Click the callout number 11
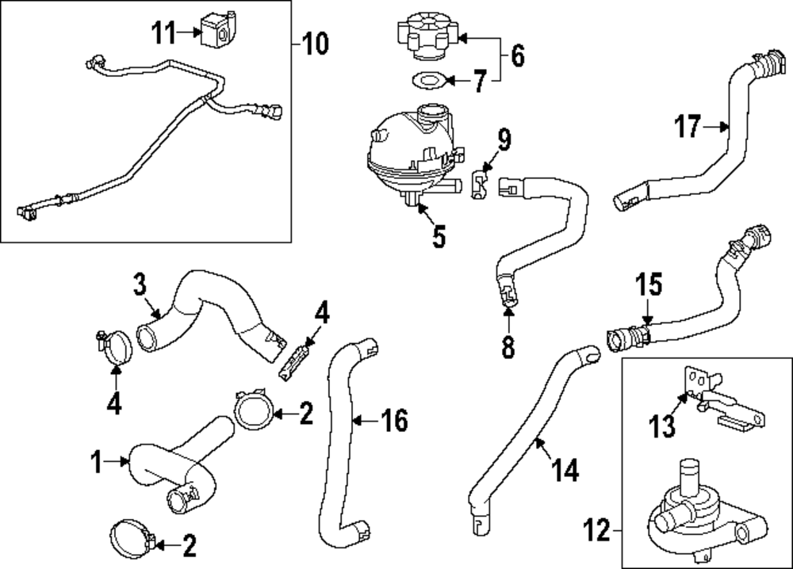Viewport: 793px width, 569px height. click(x=163, y=32)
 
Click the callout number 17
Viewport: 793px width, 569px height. click(x=688, y=125)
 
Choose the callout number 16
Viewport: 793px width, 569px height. click(x=394, y=420)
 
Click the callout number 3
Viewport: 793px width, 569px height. click(x=140, y=283)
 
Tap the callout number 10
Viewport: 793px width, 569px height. click(x=315, y=43)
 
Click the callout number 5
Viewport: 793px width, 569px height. click(x=439, y=235)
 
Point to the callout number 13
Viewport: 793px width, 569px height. click(x=663, y=426)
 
